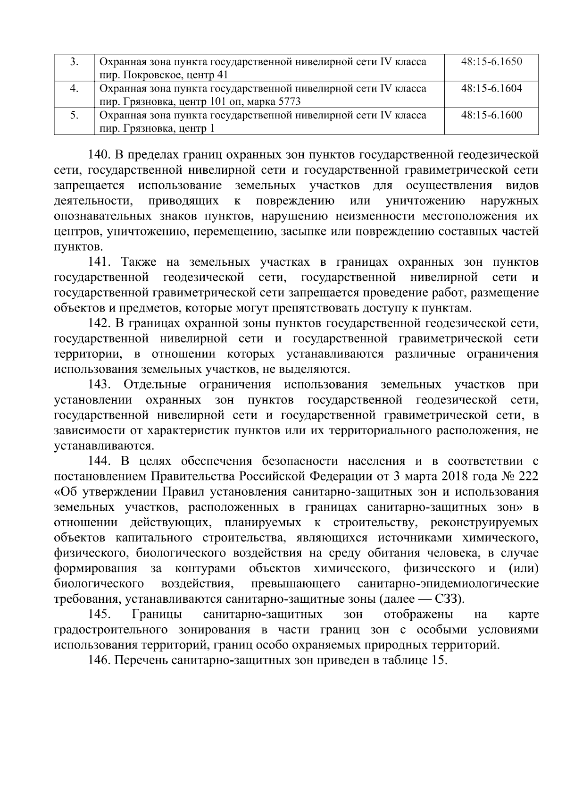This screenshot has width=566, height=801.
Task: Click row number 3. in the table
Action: click(x=74, y=61)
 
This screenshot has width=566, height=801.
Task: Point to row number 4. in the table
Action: click(x=74, y=88)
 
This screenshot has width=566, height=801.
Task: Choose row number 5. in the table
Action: click(x=74, y=115)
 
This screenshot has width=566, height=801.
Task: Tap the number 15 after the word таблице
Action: click(x=437, y=660)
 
